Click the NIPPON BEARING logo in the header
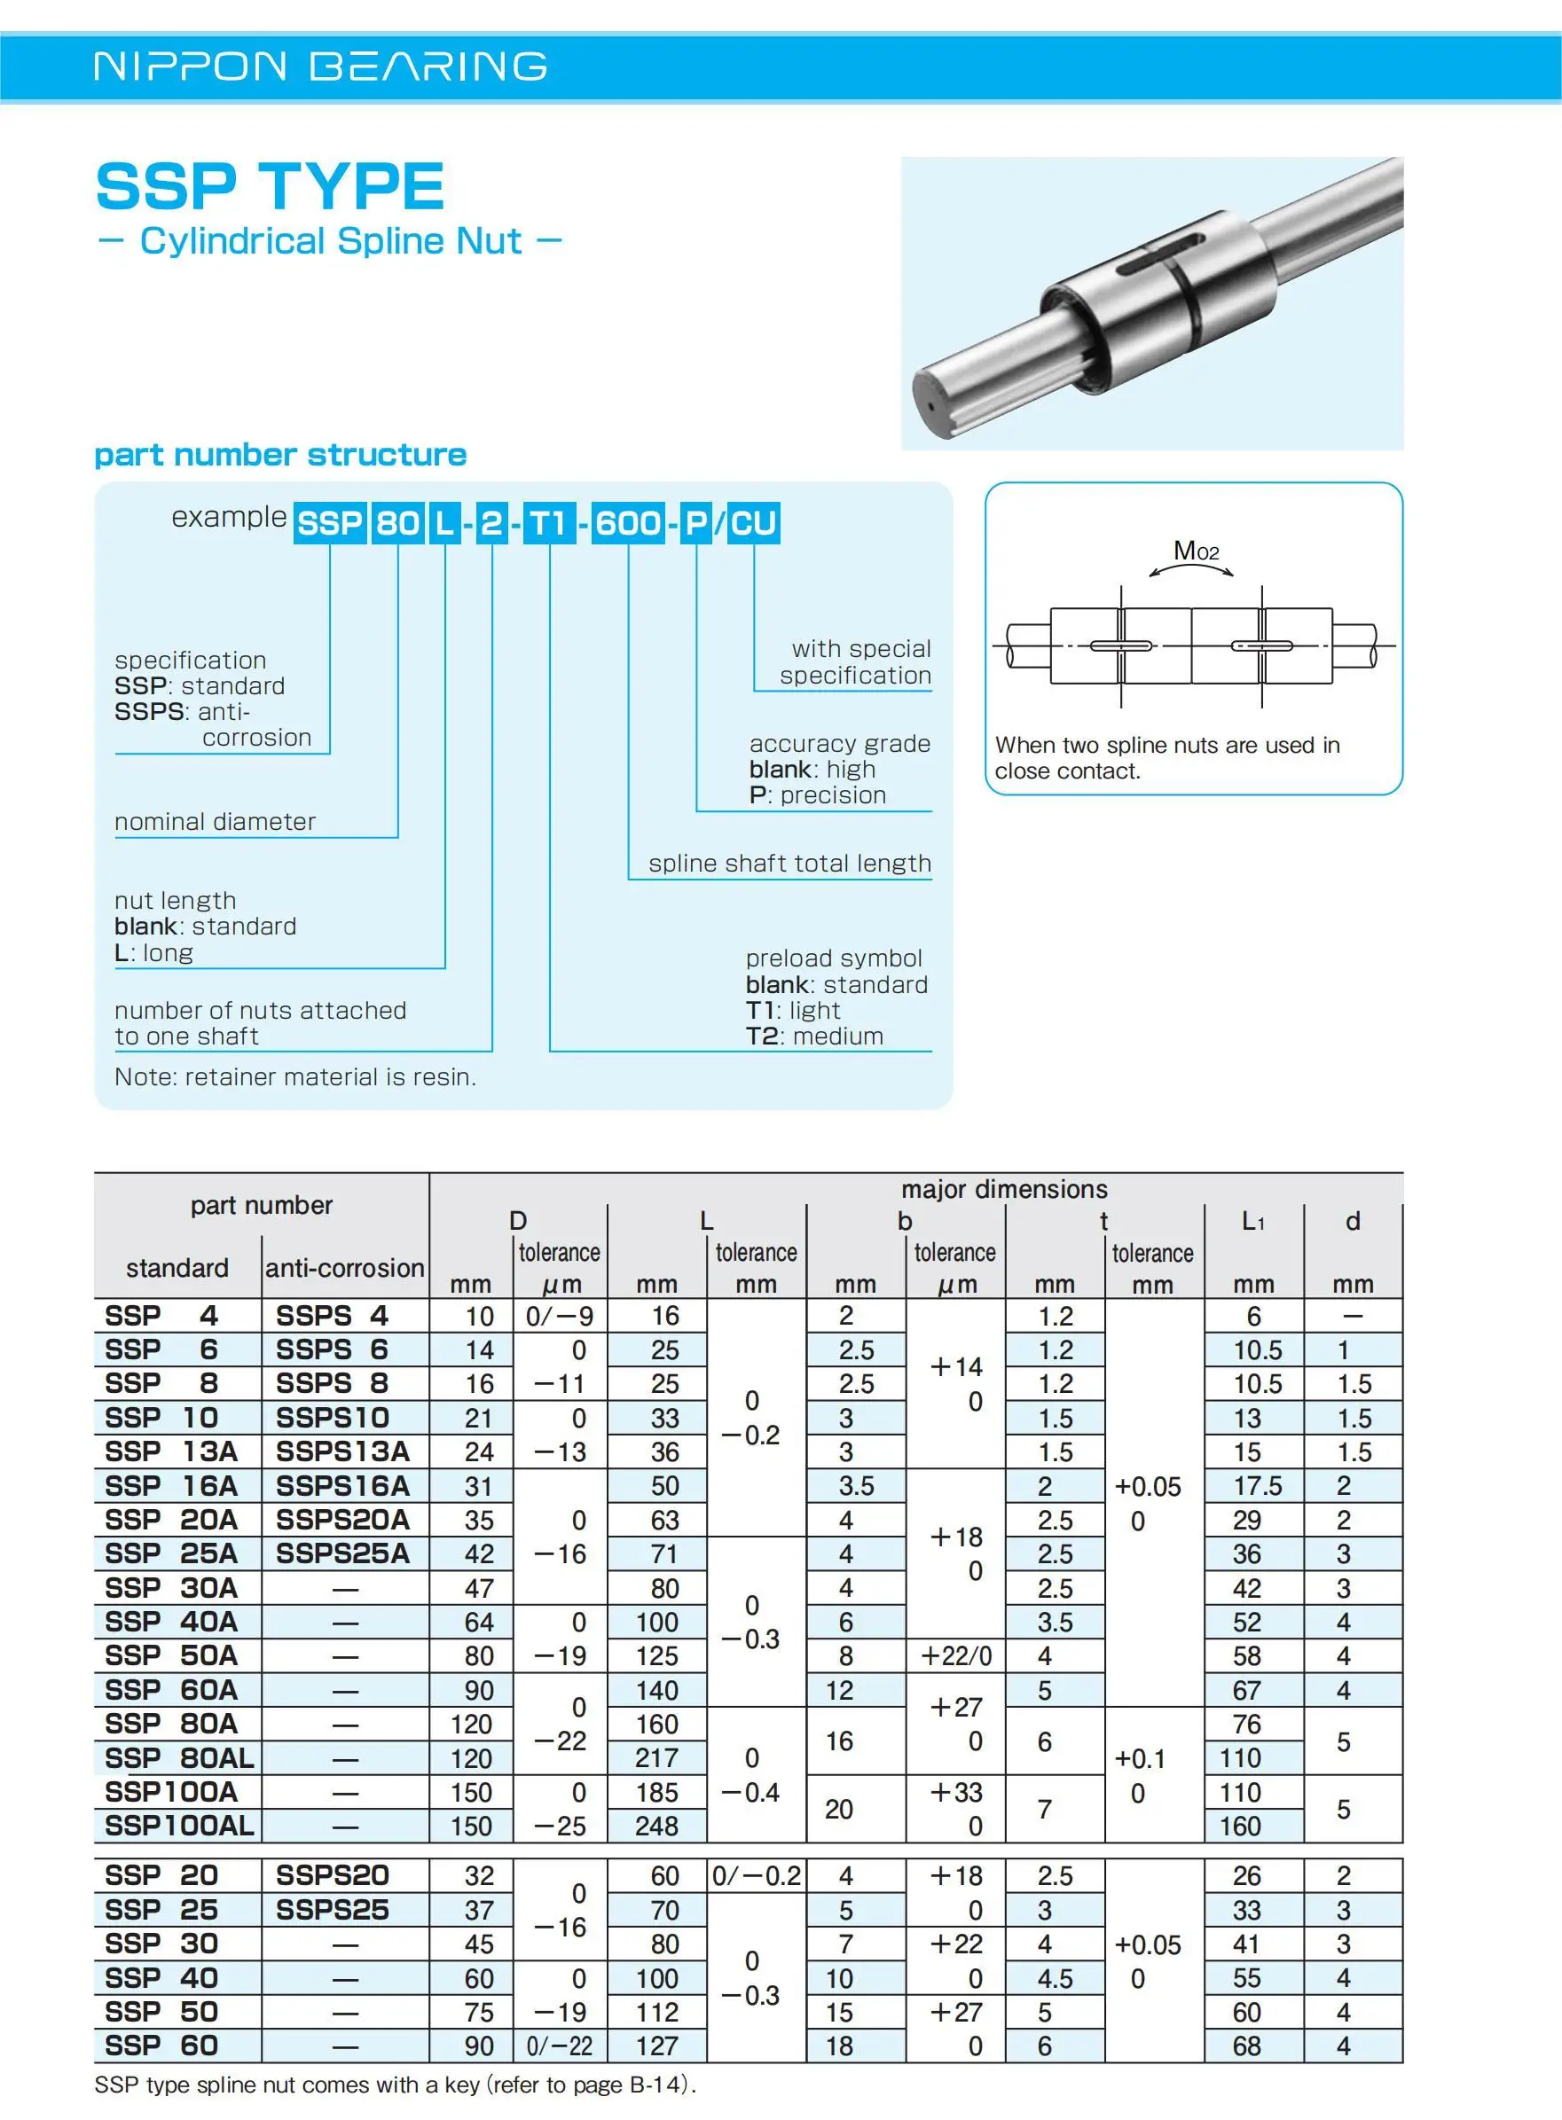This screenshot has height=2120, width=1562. (320, 66)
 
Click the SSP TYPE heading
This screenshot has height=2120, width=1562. (271, 186)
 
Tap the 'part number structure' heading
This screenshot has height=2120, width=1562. (280, 455)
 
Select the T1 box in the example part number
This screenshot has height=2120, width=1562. (549, 522)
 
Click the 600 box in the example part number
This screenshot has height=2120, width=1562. (628, 522)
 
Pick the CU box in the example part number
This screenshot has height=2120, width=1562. (754, 522)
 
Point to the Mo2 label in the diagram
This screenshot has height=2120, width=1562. (1195, 551)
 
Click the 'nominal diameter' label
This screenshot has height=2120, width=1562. (215, 821)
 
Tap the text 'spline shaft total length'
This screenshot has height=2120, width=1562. (789, 863)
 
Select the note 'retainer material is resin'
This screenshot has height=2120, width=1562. (295, 1076)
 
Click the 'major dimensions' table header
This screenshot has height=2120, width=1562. (1004, 1189)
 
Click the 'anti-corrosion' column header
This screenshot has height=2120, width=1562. (344, 1267)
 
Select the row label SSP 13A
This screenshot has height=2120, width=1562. (171, 1451)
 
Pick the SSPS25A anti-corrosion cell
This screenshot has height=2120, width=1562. (342, 1553)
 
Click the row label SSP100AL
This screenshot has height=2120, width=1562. (178, 1825)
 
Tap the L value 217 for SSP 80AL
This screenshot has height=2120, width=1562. (657, 1758)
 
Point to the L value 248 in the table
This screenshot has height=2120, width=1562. (657, 1826)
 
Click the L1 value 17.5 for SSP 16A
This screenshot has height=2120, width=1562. (1258, 1486)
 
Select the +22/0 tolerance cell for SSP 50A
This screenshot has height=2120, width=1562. (956, 1656)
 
